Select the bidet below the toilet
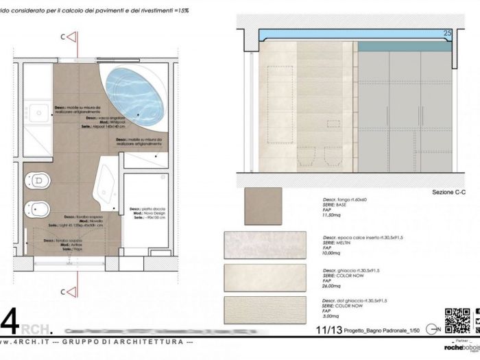38,208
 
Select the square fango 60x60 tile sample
263,206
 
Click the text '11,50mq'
333,215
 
